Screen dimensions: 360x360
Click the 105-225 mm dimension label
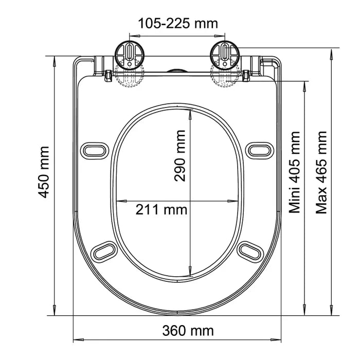pyautogui.click(x=178, y=24)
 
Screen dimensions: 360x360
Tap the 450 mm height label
pyautogui.click(x=44, y=172)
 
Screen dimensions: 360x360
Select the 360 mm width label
pyautogui.click(x=188, y=331)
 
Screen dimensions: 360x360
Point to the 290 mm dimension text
pyautogui.click(x=180, y=156)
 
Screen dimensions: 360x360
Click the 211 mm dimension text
pyautogui.click(x=161, y=210)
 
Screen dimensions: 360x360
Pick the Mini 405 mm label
pyautogui.click(x=294, y=172)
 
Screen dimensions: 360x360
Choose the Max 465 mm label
pyautogui.click(x=321, y=172)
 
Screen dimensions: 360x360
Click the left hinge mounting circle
pyautogui.click(x=130, y=56)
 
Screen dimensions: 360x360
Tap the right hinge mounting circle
pyautogui.click(x=225, y=56)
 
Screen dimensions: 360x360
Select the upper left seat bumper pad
pyautogui.click(x=95, y=151)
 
